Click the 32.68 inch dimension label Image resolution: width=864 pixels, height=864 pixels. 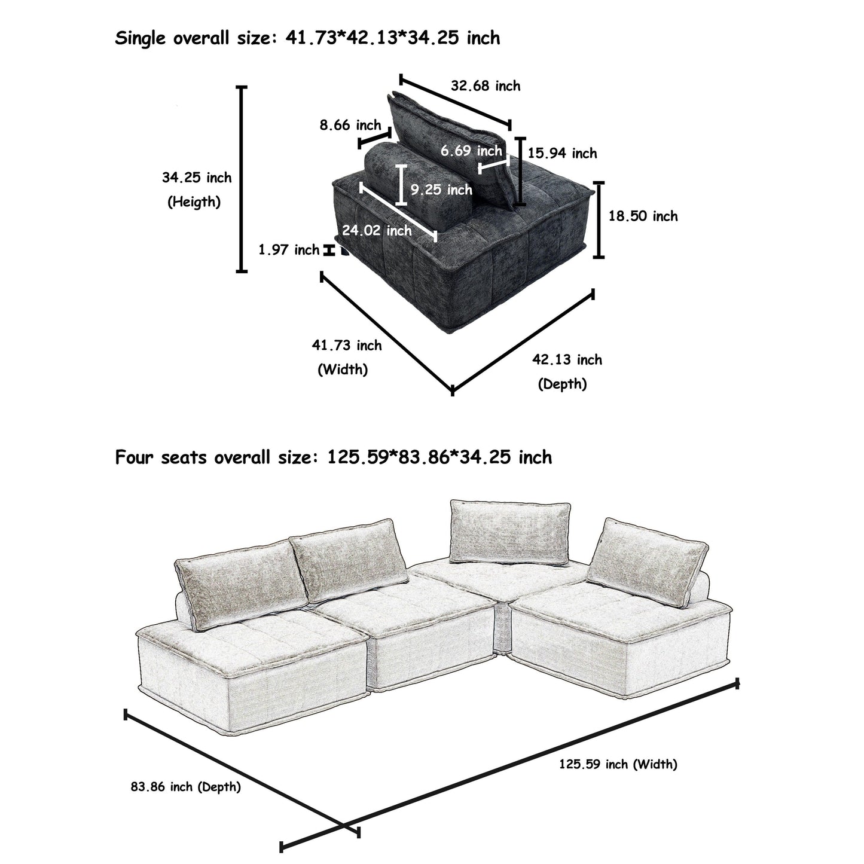point(486,86)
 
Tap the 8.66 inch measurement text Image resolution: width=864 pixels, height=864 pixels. point(350,125)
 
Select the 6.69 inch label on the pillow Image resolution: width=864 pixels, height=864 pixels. point(471,151)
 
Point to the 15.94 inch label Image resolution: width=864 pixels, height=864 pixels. point(562,154)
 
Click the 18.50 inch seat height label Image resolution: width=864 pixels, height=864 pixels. point(643,216)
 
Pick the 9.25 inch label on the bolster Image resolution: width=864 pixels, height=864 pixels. point(441,190)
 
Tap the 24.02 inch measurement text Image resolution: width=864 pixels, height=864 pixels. point(377,230)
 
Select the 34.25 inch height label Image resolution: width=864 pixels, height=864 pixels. point(197,178)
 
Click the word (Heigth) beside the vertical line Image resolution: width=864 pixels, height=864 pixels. point(194,202)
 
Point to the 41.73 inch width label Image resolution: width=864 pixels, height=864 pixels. point(347,345)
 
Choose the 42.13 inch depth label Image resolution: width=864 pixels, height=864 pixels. point(567,359)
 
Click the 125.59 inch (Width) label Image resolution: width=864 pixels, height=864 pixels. point(618,764)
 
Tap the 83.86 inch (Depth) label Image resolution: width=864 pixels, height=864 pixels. point(185,787)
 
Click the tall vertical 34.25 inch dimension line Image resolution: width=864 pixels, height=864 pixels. point(242,179)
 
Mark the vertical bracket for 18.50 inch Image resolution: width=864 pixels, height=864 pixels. point(599,219)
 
